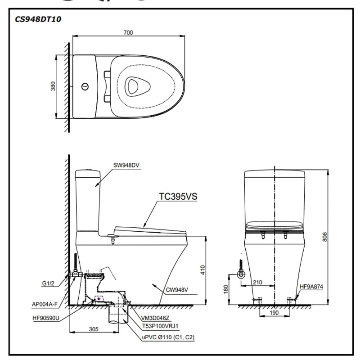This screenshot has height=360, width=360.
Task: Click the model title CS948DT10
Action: tap(38, 19)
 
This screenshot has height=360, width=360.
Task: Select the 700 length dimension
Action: tap(129, 33)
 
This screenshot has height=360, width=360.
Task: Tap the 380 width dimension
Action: tap(53, 86)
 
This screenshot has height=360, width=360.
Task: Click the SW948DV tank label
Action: tap(126, 165)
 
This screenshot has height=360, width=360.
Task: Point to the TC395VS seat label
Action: tap(178, 197)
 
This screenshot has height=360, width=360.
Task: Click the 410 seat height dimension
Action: tap(202, 270)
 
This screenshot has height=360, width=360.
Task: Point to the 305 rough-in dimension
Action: tap(93, 329)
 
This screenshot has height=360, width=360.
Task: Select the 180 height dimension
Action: tap(225, 288)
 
